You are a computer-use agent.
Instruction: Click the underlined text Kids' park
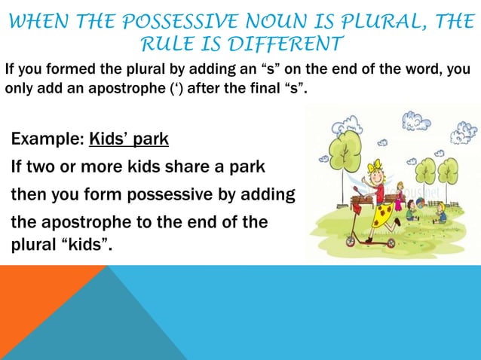click(129, 140)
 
